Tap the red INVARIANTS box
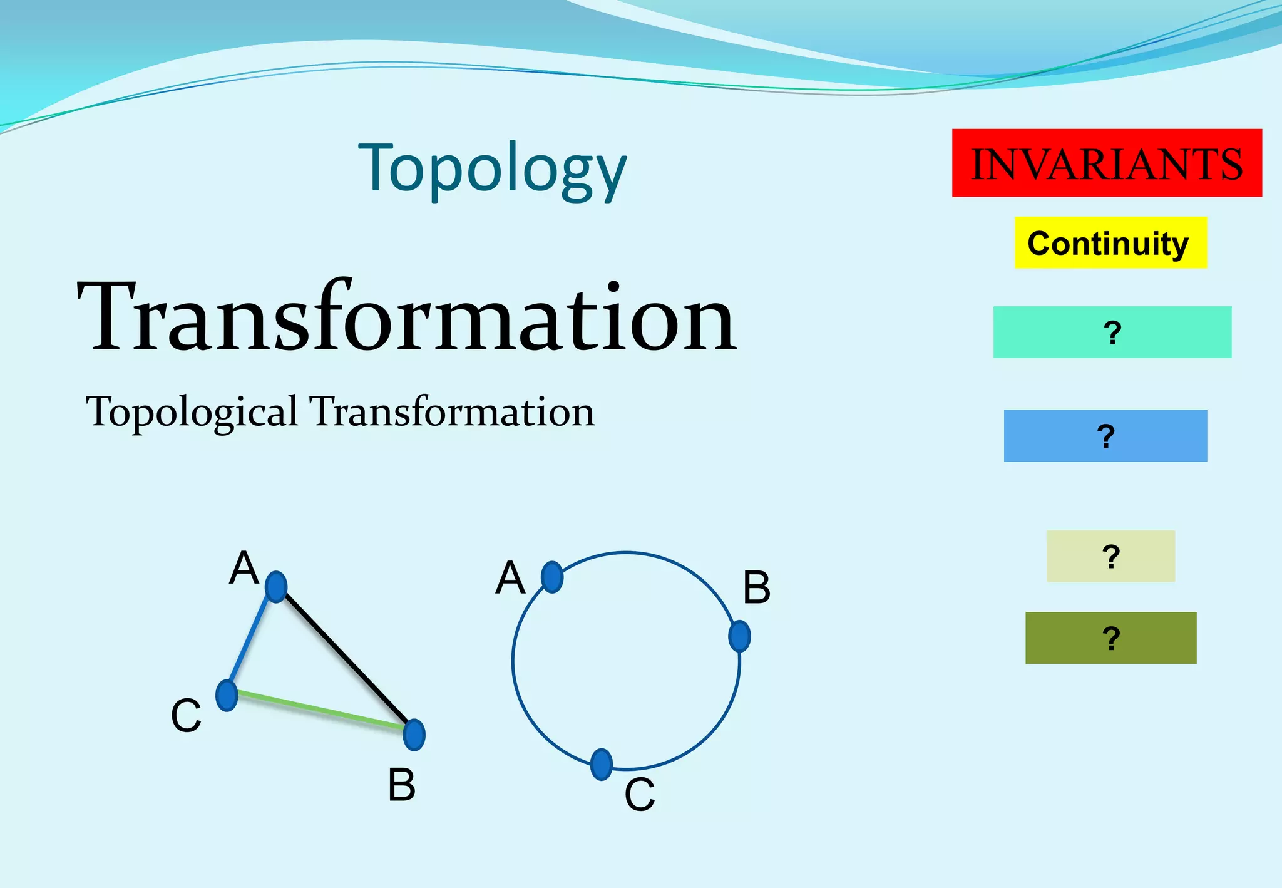[1106, 163]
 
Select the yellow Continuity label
[1110, 243]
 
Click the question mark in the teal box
[1112, 333]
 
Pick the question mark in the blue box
[1106, 436]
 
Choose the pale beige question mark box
[1110, 556]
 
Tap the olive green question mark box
[1110, 638]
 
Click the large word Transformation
[407, 318]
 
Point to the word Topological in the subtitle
[192, 412]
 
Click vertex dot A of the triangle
[276, 587]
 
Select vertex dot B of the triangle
[414, 735]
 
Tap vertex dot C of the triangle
[227, 695]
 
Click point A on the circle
[552, 577]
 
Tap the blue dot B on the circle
[739, 636]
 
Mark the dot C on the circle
[601, 764]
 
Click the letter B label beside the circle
[757, 588]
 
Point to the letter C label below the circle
[639, 795]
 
